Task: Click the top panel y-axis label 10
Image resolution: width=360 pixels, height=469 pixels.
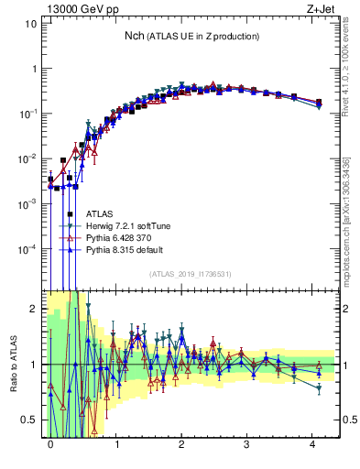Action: point(31,24)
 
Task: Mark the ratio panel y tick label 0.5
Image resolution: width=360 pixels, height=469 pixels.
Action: point(29,420)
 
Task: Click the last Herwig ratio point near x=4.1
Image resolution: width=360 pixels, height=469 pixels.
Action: point(318,387)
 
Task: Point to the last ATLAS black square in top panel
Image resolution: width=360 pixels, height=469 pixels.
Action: point(318,103)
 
